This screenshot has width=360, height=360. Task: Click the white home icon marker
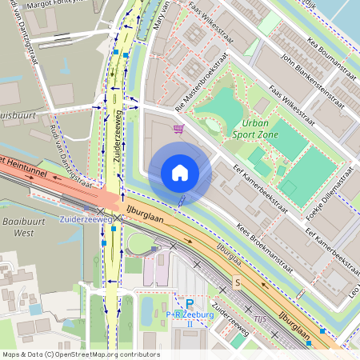pyautogui.click(x=180, y=173)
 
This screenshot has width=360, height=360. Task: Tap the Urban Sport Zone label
pyautogui.click(x=266, y=129)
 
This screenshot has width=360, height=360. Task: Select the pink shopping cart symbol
pyautogui.click(x=180, y=129)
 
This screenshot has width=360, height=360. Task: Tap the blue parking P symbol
pyautogui.click(x=190, y=303)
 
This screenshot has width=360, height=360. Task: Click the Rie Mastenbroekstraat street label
pyautogui.click(x=197, y=90)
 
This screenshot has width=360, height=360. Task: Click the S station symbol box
pyautogui.click(x=237, y=282)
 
